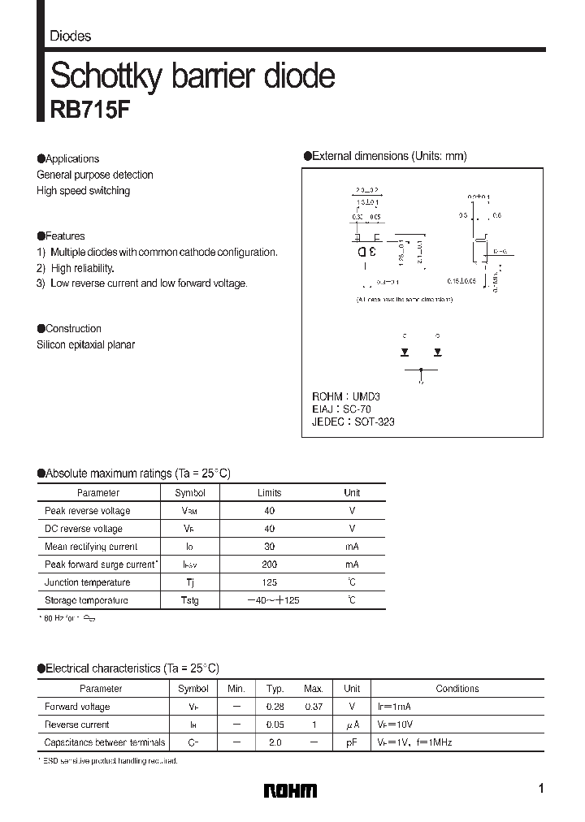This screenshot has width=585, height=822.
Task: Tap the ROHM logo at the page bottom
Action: (291, 790)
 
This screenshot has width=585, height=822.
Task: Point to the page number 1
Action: (540, 789)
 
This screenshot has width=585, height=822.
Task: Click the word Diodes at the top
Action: (71, 36)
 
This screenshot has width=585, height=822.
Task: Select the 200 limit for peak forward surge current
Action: (270, 565)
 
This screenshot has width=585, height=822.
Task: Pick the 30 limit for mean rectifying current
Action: (270, 547)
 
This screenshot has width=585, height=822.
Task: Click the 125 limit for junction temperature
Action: (270, 582)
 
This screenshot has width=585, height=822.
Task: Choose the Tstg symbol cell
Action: (189, 600)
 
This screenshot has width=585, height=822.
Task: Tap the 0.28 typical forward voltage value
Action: (274, 707)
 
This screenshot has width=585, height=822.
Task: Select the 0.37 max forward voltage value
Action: (313, 707)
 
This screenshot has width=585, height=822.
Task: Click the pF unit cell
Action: (352, 742)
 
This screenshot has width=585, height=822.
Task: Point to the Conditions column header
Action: (457, 689)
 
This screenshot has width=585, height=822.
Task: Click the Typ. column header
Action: (274, 689)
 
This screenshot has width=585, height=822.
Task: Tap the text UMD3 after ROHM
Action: (366, 396)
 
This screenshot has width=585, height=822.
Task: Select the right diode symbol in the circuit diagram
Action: (437, 352)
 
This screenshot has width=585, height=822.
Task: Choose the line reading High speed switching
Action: (83, 191)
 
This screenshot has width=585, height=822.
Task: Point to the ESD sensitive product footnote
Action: (110, 761)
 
